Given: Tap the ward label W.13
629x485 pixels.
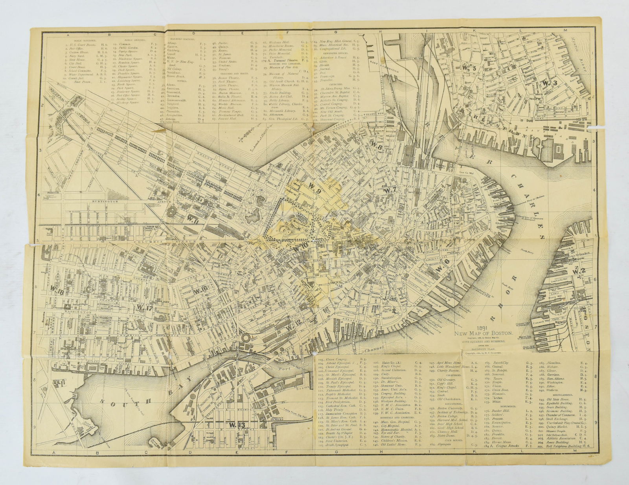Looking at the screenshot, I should pyautogui.click(x=236, y=425).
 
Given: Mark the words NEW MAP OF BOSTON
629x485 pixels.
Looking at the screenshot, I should pyautogui.click(x=484, y=333).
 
